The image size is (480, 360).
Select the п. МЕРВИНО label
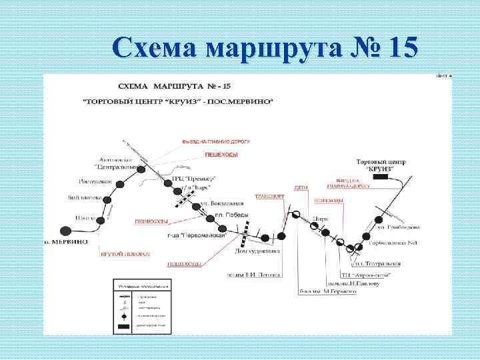[x=65, y=241]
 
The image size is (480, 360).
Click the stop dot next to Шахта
[x=101, y=219]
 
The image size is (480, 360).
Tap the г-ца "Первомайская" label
[x=197, y=235]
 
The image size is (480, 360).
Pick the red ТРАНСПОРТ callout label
[x=269, y=197]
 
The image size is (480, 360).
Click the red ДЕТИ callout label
[x=299, y=188]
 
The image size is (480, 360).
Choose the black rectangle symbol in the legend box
[x=125, y=326]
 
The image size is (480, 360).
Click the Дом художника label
[x=257, y=251]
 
